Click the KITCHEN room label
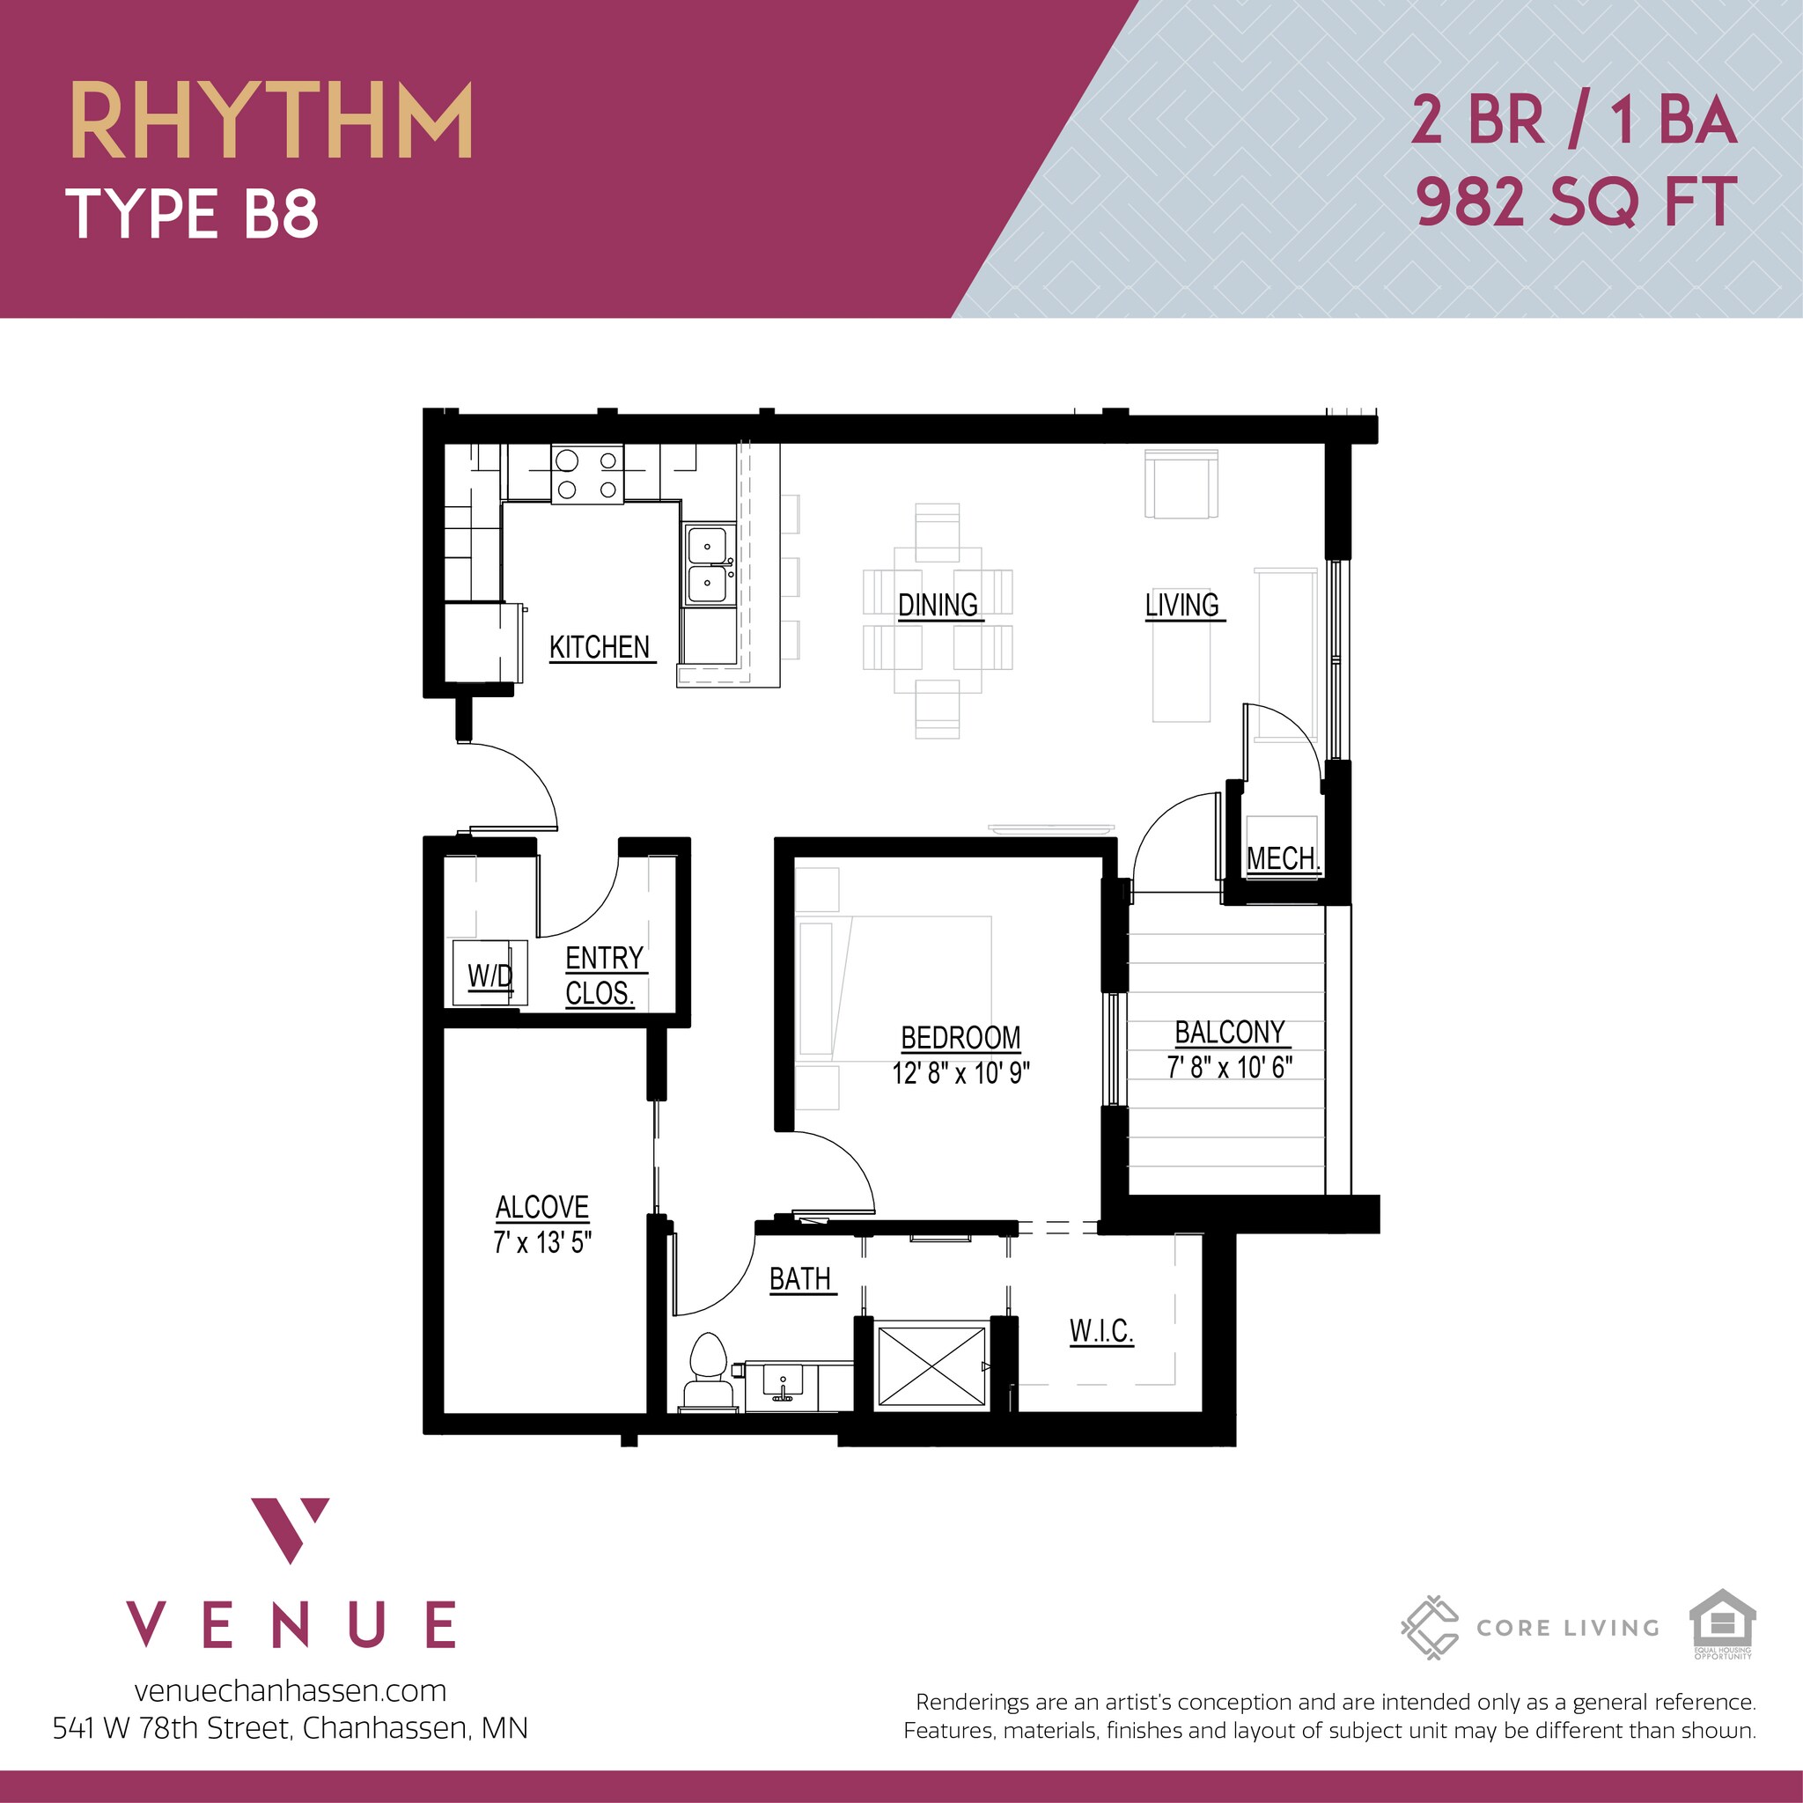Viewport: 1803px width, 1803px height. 600,647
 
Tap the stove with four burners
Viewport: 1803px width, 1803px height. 587,475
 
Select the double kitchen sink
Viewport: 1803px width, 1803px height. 709,564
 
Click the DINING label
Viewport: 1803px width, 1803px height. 937,605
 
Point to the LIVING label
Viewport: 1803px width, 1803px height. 1181,605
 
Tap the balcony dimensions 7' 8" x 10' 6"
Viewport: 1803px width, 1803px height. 1229,1067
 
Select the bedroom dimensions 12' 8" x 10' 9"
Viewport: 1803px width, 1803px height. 960,1073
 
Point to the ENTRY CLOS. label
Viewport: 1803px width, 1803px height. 603,975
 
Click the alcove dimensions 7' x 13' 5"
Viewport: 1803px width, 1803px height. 542,1242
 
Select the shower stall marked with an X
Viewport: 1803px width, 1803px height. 931,1365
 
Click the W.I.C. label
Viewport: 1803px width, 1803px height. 1101,1331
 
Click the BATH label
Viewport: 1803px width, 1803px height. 799,1278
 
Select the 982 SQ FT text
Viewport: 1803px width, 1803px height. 1575,202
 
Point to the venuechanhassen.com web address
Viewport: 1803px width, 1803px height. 291,1690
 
